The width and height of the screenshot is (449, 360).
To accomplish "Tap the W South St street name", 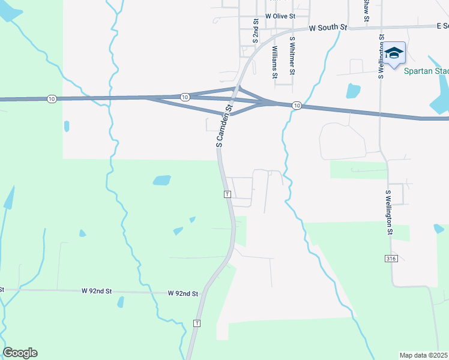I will [328, 28].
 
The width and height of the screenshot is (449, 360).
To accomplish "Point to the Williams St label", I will [275, 62].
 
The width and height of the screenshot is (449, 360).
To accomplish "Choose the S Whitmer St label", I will [292, 55].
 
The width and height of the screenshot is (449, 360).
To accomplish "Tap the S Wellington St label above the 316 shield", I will [389, 212].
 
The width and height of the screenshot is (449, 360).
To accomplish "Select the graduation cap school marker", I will [394, 55].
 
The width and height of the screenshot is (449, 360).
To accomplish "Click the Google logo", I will [20, 353].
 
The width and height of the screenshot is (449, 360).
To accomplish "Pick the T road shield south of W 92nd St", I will [196, 323].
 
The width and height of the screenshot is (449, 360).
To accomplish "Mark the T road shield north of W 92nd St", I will [227, 194].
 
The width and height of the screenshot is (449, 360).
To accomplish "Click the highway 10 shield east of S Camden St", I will [297, 106].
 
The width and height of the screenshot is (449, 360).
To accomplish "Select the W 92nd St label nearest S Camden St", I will [183, 293].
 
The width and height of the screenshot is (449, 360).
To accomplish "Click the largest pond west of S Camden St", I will [161, 180].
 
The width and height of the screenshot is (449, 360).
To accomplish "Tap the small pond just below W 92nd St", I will [121, 301].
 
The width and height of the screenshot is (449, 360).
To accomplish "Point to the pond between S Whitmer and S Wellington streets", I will [353, 91].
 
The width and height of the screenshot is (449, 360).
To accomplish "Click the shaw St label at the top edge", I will [366, 11].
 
